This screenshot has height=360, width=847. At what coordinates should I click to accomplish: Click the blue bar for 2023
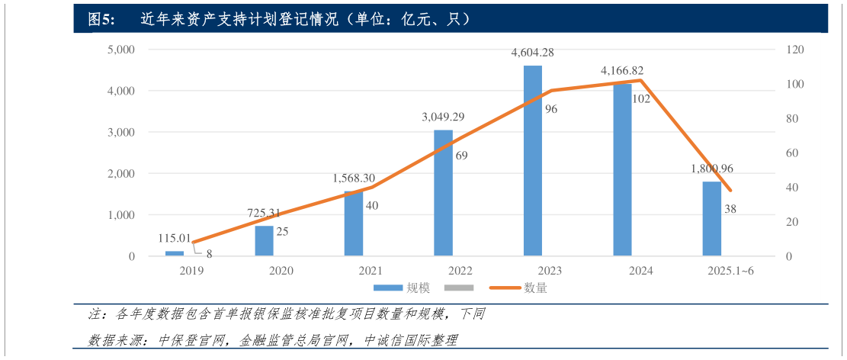coord(532,160)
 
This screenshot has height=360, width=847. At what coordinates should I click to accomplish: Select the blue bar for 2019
coord(175,252)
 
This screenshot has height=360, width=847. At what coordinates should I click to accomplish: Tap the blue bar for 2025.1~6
coord(711,218)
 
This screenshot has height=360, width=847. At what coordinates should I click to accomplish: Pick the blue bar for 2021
coord(354,223)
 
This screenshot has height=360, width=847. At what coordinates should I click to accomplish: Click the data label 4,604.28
coord(532,53)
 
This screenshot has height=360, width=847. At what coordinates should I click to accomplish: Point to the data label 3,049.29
coord(443,117)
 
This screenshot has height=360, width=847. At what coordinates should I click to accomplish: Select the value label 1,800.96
coord(711,169)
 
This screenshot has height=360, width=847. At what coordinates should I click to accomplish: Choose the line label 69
coord(460,156)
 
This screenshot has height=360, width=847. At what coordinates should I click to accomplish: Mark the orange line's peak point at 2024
coord(640,80)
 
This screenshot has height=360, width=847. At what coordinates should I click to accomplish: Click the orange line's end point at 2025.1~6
coord(730,191)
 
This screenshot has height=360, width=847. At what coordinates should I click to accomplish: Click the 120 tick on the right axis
coord(796,50)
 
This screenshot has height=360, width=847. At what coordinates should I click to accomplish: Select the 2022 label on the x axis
coord(460,271)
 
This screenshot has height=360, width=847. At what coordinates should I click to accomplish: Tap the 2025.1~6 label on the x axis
coord(730,271)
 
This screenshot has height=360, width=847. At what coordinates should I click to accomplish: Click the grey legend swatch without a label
coord(459,288)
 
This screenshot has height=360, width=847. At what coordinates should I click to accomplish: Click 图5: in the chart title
coord(101,19)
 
